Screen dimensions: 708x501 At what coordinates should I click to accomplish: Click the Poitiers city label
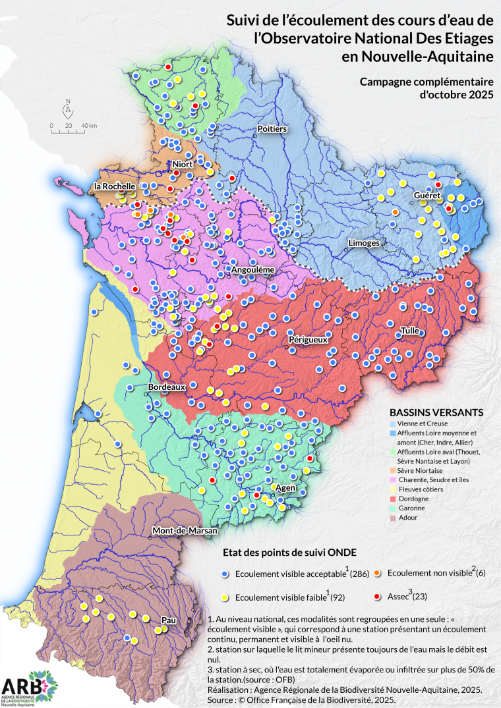(x=272, y=129)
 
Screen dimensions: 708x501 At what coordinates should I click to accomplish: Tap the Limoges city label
(x=363, y=243)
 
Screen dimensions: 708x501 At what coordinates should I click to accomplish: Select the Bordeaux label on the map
(x=166, y=387)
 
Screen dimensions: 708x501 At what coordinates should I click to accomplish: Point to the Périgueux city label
(x=308, y=339)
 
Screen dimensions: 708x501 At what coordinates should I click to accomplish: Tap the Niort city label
(x=182, y=164)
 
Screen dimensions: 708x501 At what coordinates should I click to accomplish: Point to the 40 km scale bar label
(x=89, y=125)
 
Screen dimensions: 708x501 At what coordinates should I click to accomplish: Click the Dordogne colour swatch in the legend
(x=394, y=499)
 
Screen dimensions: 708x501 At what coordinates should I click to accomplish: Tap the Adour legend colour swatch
(x=394, y=518)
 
